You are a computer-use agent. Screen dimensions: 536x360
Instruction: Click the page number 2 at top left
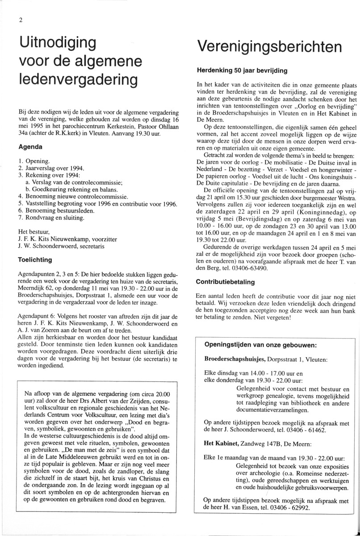20,20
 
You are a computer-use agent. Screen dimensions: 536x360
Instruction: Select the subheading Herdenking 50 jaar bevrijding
242,71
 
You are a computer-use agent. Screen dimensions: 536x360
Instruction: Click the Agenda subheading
30,147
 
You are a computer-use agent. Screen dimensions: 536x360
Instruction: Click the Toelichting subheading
35,259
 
